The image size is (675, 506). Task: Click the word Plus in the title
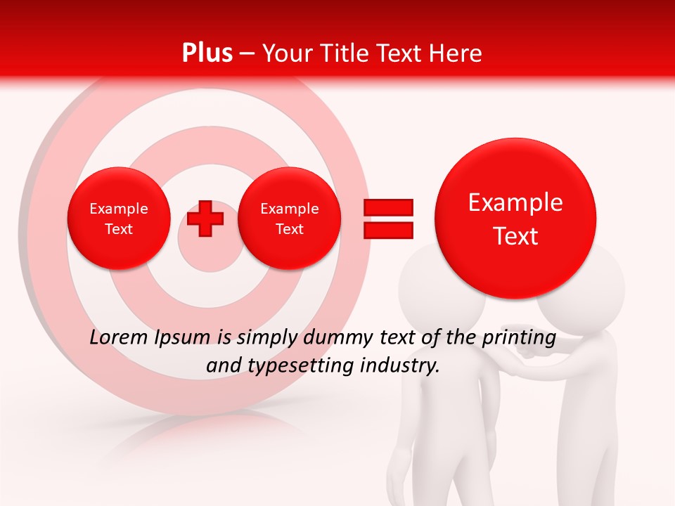click(x=207, y=53)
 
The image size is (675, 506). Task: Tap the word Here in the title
click(x=455, y=53)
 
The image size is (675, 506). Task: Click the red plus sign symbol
click(x=205, y=219)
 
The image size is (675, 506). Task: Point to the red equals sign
click(x=388, y=219)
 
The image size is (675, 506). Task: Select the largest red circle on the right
click(x=515, y=218)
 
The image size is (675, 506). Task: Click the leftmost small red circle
click(x=118, y=219)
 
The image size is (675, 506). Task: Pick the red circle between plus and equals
click(x=289, y=219)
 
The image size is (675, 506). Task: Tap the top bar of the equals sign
click(x=388, y=207)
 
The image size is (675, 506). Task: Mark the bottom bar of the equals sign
click(x=388, y=230)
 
